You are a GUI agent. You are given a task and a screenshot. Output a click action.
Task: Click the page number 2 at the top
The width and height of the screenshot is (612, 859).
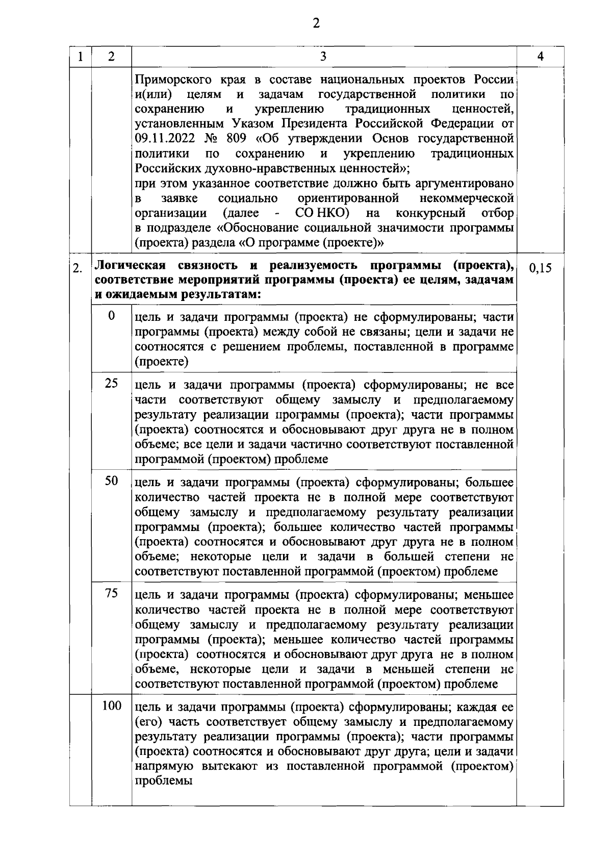click(x=316, y=23)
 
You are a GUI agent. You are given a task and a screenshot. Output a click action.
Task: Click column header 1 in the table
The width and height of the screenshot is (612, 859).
click(x=81, y=57)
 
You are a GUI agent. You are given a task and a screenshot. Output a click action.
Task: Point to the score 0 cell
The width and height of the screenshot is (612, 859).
click(x=111, y=316)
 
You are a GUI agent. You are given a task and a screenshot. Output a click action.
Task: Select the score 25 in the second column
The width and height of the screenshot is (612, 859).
click(x=111, y=383)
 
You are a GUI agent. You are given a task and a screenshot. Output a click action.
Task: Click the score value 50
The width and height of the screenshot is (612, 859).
click(x=111, y=481)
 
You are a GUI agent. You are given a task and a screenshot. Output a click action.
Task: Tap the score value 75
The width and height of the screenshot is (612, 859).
click(x=111, y=593)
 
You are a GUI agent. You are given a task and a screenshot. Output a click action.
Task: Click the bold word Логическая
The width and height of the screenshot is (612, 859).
click(x=131, y=266)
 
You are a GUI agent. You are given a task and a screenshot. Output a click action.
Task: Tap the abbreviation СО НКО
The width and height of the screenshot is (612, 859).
click(x=322, y=213)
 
